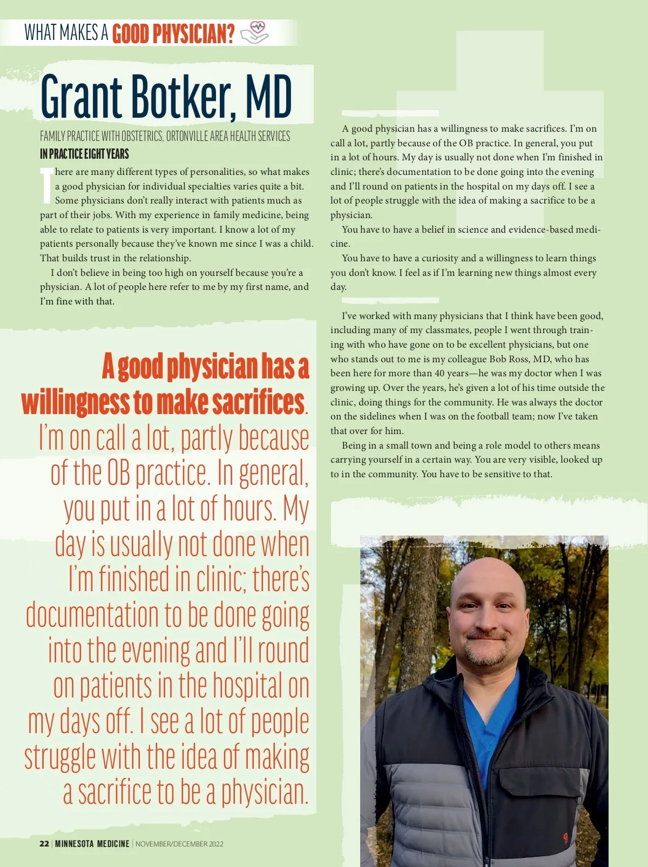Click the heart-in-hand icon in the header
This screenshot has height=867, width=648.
pyautogui.click(x=254, y=32)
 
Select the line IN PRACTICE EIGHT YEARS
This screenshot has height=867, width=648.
pyautogui.click(x=84, y=154)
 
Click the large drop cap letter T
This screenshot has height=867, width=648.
pyautogui.click(x=47, y=186)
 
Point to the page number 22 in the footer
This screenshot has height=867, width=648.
pyautogui.click(x=44, y=844)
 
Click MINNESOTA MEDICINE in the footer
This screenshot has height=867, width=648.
pyautogui.click(x=92, y=844)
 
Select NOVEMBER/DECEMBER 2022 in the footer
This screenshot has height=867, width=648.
pyautogui.click(x=179, y=844)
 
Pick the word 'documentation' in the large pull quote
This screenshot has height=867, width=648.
pyautogui.click(x=92, y=615)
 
